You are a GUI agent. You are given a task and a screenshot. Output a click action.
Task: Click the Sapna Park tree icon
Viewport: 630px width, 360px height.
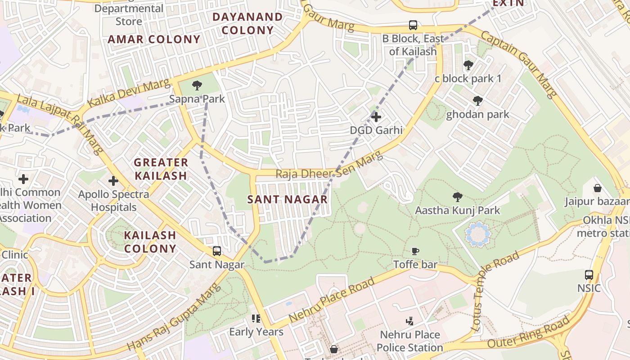coord(197,85)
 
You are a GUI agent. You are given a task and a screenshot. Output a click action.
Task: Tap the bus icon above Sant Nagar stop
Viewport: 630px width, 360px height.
coord(217,251)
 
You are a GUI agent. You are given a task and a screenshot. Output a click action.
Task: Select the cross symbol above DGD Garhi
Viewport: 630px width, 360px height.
coord(376,117)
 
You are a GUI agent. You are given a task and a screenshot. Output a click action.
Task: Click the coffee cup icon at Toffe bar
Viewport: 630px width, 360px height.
coord(415,251)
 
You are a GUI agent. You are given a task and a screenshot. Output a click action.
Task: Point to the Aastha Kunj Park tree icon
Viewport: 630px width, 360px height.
coord(458,197)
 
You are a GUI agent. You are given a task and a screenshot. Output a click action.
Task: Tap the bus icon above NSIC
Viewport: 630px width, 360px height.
coord(589,274)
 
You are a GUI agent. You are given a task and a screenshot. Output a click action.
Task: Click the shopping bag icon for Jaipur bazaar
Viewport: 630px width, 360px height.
coord(598,188)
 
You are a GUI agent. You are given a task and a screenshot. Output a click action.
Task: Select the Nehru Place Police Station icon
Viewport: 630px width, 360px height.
coord(409,321)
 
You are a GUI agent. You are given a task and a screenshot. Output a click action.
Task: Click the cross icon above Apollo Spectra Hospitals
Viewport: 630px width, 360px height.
coord(113,181)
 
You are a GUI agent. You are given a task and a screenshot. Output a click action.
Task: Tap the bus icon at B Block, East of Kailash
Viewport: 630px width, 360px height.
coord(413,25)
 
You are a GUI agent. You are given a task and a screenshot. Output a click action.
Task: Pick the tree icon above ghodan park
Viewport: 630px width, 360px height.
coord(478,101)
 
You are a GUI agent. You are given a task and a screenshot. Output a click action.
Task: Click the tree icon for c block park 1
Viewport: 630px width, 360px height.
coord(468,65)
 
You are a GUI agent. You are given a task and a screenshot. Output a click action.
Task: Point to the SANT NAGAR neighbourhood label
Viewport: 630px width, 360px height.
coord(288,199)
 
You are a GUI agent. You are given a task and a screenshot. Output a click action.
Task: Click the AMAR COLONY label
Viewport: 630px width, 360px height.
coord(154,39)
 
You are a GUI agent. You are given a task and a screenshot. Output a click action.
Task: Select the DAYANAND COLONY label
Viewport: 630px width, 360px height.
coord(247,23)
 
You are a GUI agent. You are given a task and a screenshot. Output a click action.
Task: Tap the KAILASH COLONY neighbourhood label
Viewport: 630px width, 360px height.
coord(150,242)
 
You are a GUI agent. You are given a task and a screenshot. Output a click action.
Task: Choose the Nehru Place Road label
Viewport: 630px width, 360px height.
coord(332,300)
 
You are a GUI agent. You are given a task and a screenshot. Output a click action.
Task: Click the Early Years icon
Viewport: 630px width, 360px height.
coord(256,319)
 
